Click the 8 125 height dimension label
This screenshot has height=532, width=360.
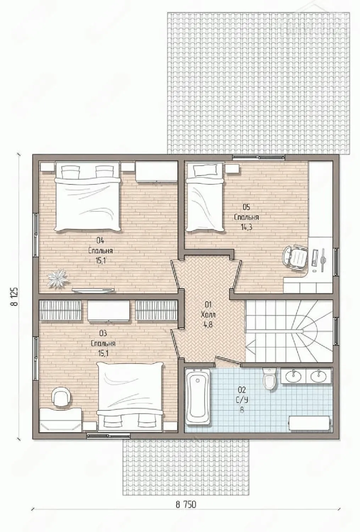pyautogui.click(x=14, y=297)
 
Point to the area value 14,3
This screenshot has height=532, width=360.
pyautogui.click(x=247, y=227)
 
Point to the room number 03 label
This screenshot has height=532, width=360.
pyautogui.click(x=103, y=334)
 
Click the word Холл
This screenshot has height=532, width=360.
pyautogui.click(x=208, y=315)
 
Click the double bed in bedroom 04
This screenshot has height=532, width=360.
pyautogui.click(x=87, y=196)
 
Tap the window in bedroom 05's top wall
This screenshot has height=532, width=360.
pyautogui.click(x=259, y=156)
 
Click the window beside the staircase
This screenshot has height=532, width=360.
pyautogui.click(x=337, y=331)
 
